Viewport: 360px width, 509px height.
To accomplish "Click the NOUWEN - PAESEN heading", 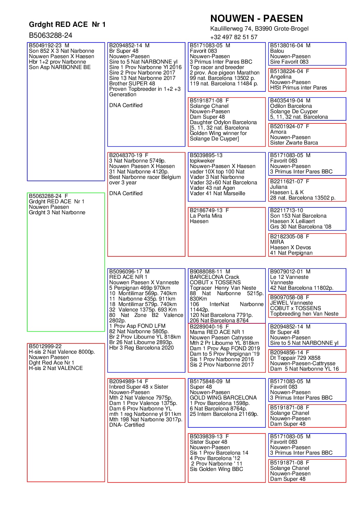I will (256, 18).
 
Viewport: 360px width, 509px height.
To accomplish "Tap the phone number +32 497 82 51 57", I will (233, 37).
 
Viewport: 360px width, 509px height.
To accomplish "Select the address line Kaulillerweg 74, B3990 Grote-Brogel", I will (259, 29).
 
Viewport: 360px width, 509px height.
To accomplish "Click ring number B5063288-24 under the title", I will (50, 35).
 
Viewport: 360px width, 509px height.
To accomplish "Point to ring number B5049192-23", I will (45, 46).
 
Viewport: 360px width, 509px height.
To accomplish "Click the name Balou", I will (277, 51).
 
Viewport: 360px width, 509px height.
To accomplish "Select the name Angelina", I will (281, 77).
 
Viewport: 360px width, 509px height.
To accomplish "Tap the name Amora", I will (278, 132).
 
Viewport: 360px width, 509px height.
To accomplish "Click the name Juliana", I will (279, 187).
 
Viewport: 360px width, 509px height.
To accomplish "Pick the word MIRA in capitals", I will (277, 242).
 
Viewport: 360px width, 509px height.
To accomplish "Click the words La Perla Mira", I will (206, 216).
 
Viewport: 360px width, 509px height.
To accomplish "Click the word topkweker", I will (202, 161).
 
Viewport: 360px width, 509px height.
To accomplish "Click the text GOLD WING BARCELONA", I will (223, 398).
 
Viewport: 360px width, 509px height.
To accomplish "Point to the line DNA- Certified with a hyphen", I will (127, 425).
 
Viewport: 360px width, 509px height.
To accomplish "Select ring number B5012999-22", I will (45, 346).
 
